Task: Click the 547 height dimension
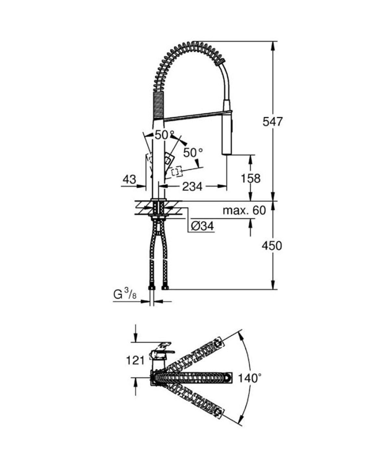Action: (x=273, y=122)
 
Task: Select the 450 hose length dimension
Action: (x=272, y=246)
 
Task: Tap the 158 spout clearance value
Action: (x=251, y=178)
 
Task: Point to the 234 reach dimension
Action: (x=192, y=186)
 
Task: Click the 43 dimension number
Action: (x=129, y=179)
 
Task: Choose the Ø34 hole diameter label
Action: (x=202, y=226)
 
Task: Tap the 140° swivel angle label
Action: (x=250, y=378)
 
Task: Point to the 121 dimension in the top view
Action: (x=135, y=360)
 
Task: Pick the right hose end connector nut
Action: (x=165, y=288)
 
